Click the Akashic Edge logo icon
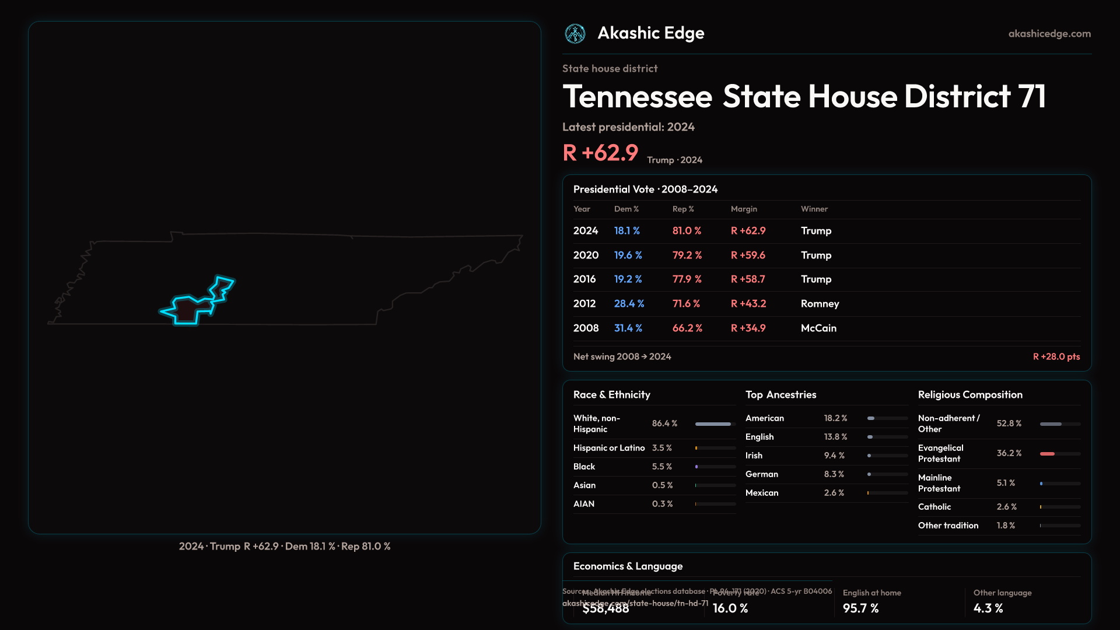(575, 34)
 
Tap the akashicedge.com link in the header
(1049, 34)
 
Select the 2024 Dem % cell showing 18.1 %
(626, 231)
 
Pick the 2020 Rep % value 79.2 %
(687, 256)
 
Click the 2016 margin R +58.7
(748, 279)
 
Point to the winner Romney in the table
(820, 304)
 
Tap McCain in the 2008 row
(818, 328)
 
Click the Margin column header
(744, 209)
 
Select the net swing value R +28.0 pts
(1056, 356)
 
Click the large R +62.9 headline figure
(600, 153)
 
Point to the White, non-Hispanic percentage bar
(713, 424)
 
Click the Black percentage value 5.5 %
(661, 467)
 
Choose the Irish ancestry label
(754, 456)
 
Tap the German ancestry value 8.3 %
(834, 474)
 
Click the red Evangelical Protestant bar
(1047, 454)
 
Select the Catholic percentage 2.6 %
(1006, 507)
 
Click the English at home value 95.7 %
(860, 608)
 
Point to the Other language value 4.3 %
(988, 608)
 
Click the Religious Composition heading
(970, 395)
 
